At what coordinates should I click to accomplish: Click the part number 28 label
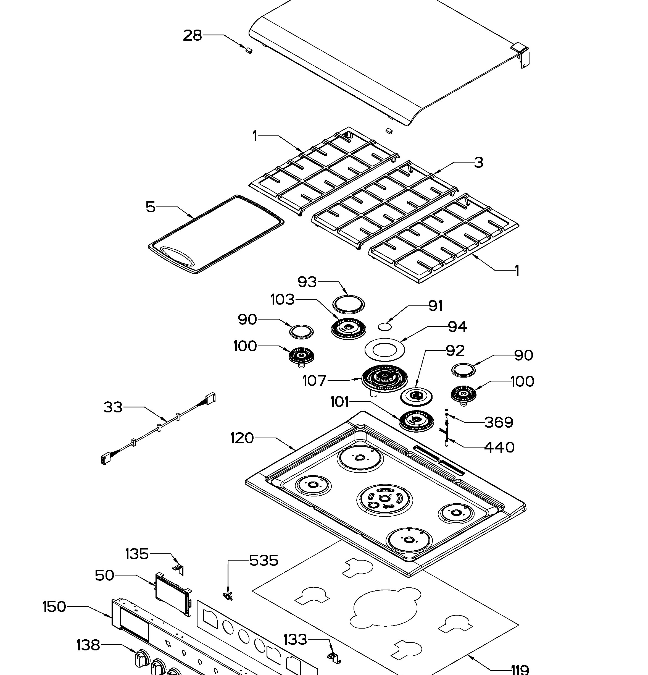click(x=192, y=35)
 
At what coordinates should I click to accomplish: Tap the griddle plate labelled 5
click(x=216, y=234)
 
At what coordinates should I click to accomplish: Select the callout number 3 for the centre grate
click(x=478, y=162)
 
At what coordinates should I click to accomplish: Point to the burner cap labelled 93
click(x=348, y=304)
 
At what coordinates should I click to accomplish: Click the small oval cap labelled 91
click(x=385, y=326)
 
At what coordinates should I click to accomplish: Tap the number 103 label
click(x=283, y=300)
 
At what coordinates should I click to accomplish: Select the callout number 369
click(x=499, y=422)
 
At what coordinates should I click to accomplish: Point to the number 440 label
click(x=499, y=447)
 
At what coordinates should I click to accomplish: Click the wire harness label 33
click(x=113, y=407)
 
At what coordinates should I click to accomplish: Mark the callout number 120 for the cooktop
click(x=242, y=438)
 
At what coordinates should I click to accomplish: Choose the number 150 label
click(x=54, y=607)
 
